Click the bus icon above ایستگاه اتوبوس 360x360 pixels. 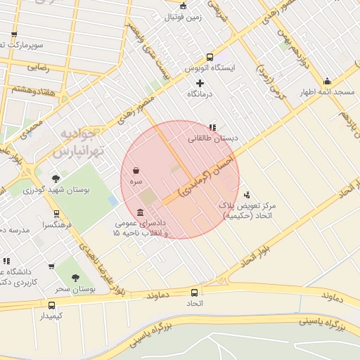pos(210,58)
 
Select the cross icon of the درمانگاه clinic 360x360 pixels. pos(200,83)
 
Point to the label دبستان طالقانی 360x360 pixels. pos(213,139)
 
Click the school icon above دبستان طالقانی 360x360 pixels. pos(212,127)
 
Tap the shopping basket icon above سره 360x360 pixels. pos(136,170)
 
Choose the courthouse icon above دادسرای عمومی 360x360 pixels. pos(141,213)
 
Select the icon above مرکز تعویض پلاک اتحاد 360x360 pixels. pos(246,195)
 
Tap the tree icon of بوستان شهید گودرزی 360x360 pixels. pos(56,179)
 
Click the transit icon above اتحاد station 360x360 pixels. pos(195,292)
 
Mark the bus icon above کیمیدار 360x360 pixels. pos(51,305)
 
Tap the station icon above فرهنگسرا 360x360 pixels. pos(56,214)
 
